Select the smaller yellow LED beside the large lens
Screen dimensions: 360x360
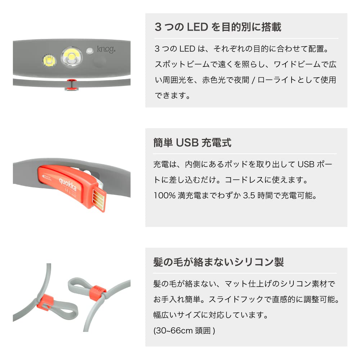[48, 60]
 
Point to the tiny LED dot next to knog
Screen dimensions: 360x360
[90, 51]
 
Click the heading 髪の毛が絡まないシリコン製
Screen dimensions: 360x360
[219, 262]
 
